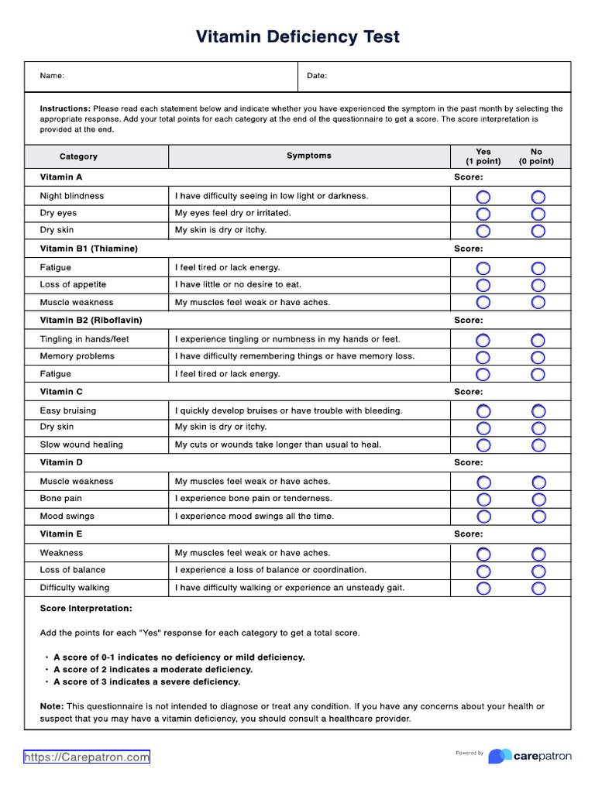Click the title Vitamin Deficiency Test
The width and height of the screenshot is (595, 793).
[297, 36]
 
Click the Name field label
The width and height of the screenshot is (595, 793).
[52, 76]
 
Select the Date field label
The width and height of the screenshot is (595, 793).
[317, 76]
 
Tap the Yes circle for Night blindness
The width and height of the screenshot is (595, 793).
[483, 197]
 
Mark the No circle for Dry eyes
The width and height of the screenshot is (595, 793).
[538, 214]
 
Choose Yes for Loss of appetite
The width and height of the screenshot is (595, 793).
[483, 285]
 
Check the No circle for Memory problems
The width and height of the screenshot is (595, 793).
[538, 357]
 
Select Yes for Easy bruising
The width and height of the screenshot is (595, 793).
[483, 411]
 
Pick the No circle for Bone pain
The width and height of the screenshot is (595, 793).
[538, 499]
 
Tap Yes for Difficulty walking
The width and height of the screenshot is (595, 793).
[483, 589]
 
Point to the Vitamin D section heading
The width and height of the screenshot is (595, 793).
[61, 462]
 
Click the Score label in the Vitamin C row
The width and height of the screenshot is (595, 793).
[468, 391]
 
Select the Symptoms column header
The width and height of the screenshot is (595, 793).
[308, 156]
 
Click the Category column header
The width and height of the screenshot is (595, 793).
[78, 156]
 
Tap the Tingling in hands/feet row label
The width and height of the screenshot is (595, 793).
[84, 339]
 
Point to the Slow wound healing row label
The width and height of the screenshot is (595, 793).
[81, 445]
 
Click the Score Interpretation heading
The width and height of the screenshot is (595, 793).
[86, 609]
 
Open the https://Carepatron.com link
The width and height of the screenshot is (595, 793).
[86, 757]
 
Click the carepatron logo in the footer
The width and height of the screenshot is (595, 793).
[530, 756]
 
